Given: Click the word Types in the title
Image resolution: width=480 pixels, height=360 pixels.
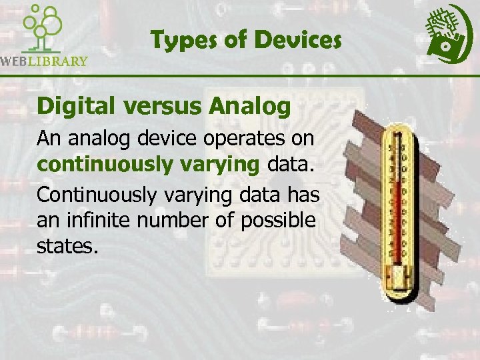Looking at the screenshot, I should pos(179,41).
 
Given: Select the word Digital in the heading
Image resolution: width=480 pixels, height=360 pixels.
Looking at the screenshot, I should pos(71,105).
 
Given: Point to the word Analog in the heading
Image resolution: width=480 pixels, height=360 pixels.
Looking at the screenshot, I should pos(249,105).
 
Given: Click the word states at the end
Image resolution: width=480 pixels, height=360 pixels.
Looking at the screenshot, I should pos(68,247).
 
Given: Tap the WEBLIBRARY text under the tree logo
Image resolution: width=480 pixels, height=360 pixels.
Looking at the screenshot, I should pos(44,61).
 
